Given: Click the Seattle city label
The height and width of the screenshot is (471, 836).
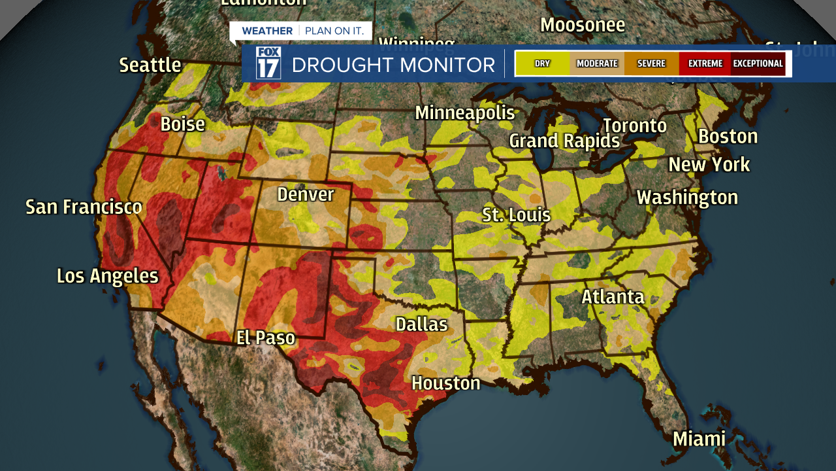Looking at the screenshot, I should tap(150, 65).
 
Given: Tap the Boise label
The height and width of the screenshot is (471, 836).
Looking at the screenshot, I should tap(183, 124).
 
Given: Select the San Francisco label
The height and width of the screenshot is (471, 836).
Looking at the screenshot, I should tap(84, 207).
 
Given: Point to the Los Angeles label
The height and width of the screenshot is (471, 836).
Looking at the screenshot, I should tap(108, 276).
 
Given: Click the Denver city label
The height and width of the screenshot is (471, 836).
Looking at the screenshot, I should tap(306, 194).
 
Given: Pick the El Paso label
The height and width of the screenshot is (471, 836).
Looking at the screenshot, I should tap(266, 338).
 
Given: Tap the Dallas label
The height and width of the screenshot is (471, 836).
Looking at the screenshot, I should tap(422, 324).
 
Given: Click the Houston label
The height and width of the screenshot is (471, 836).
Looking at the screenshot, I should tap(446, 383).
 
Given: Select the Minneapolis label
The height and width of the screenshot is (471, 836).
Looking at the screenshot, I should tap(465, 113).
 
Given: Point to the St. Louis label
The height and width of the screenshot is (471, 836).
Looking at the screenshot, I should tap(517, 215).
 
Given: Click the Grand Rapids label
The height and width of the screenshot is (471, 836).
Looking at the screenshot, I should tap(564, 141).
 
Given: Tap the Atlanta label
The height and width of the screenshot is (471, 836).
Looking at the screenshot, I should tap(613, 297).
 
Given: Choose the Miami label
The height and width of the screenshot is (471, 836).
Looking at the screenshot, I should tap(699, 439).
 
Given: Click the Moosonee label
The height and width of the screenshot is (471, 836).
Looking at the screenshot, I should tap(583, 25).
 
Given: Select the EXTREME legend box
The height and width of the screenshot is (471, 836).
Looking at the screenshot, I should tap(705, 63).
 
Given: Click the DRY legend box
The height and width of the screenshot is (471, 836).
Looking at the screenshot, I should tap(542, 63).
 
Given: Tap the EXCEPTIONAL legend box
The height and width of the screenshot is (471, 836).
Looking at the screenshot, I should tap(758, 63).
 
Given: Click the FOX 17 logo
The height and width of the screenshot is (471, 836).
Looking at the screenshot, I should tap(268, 63).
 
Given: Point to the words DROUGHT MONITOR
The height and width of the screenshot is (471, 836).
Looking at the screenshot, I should tap(393, 65).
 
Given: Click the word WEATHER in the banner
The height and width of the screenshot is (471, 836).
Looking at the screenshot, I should tap(267, 31).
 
